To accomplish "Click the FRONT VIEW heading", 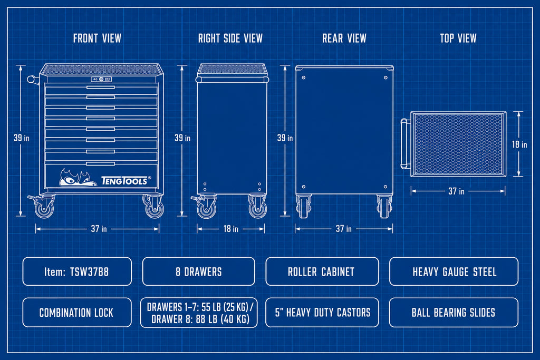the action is [97, 38].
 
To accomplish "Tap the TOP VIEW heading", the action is [458, 38].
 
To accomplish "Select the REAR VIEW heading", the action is [344, 38].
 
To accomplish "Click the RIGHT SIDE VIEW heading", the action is [230, 38].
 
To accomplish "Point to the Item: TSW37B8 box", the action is [77, 271].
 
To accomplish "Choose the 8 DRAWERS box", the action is [199, 271].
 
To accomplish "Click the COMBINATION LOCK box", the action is [77, 313].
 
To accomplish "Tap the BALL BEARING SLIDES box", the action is [454, 313].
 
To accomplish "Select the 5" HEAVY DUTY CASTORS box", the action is [322, 313].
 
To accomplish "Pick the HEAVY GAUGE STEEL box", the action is [454, 271].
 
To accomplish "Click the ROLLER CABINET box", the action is [322, 271].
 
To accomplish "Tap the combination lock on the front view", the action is [101, 79].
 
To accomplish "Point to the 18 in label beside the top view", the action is [519, 144].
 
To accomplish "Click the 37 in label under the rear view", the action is [344, 229].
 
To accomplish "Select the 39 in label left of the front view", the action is [21, 138].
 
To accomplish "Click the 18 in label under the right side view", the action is [231, 229].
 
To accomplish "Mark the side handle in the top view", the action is [406, 143].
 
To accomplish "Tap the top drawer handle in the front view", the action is [101, 87].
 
